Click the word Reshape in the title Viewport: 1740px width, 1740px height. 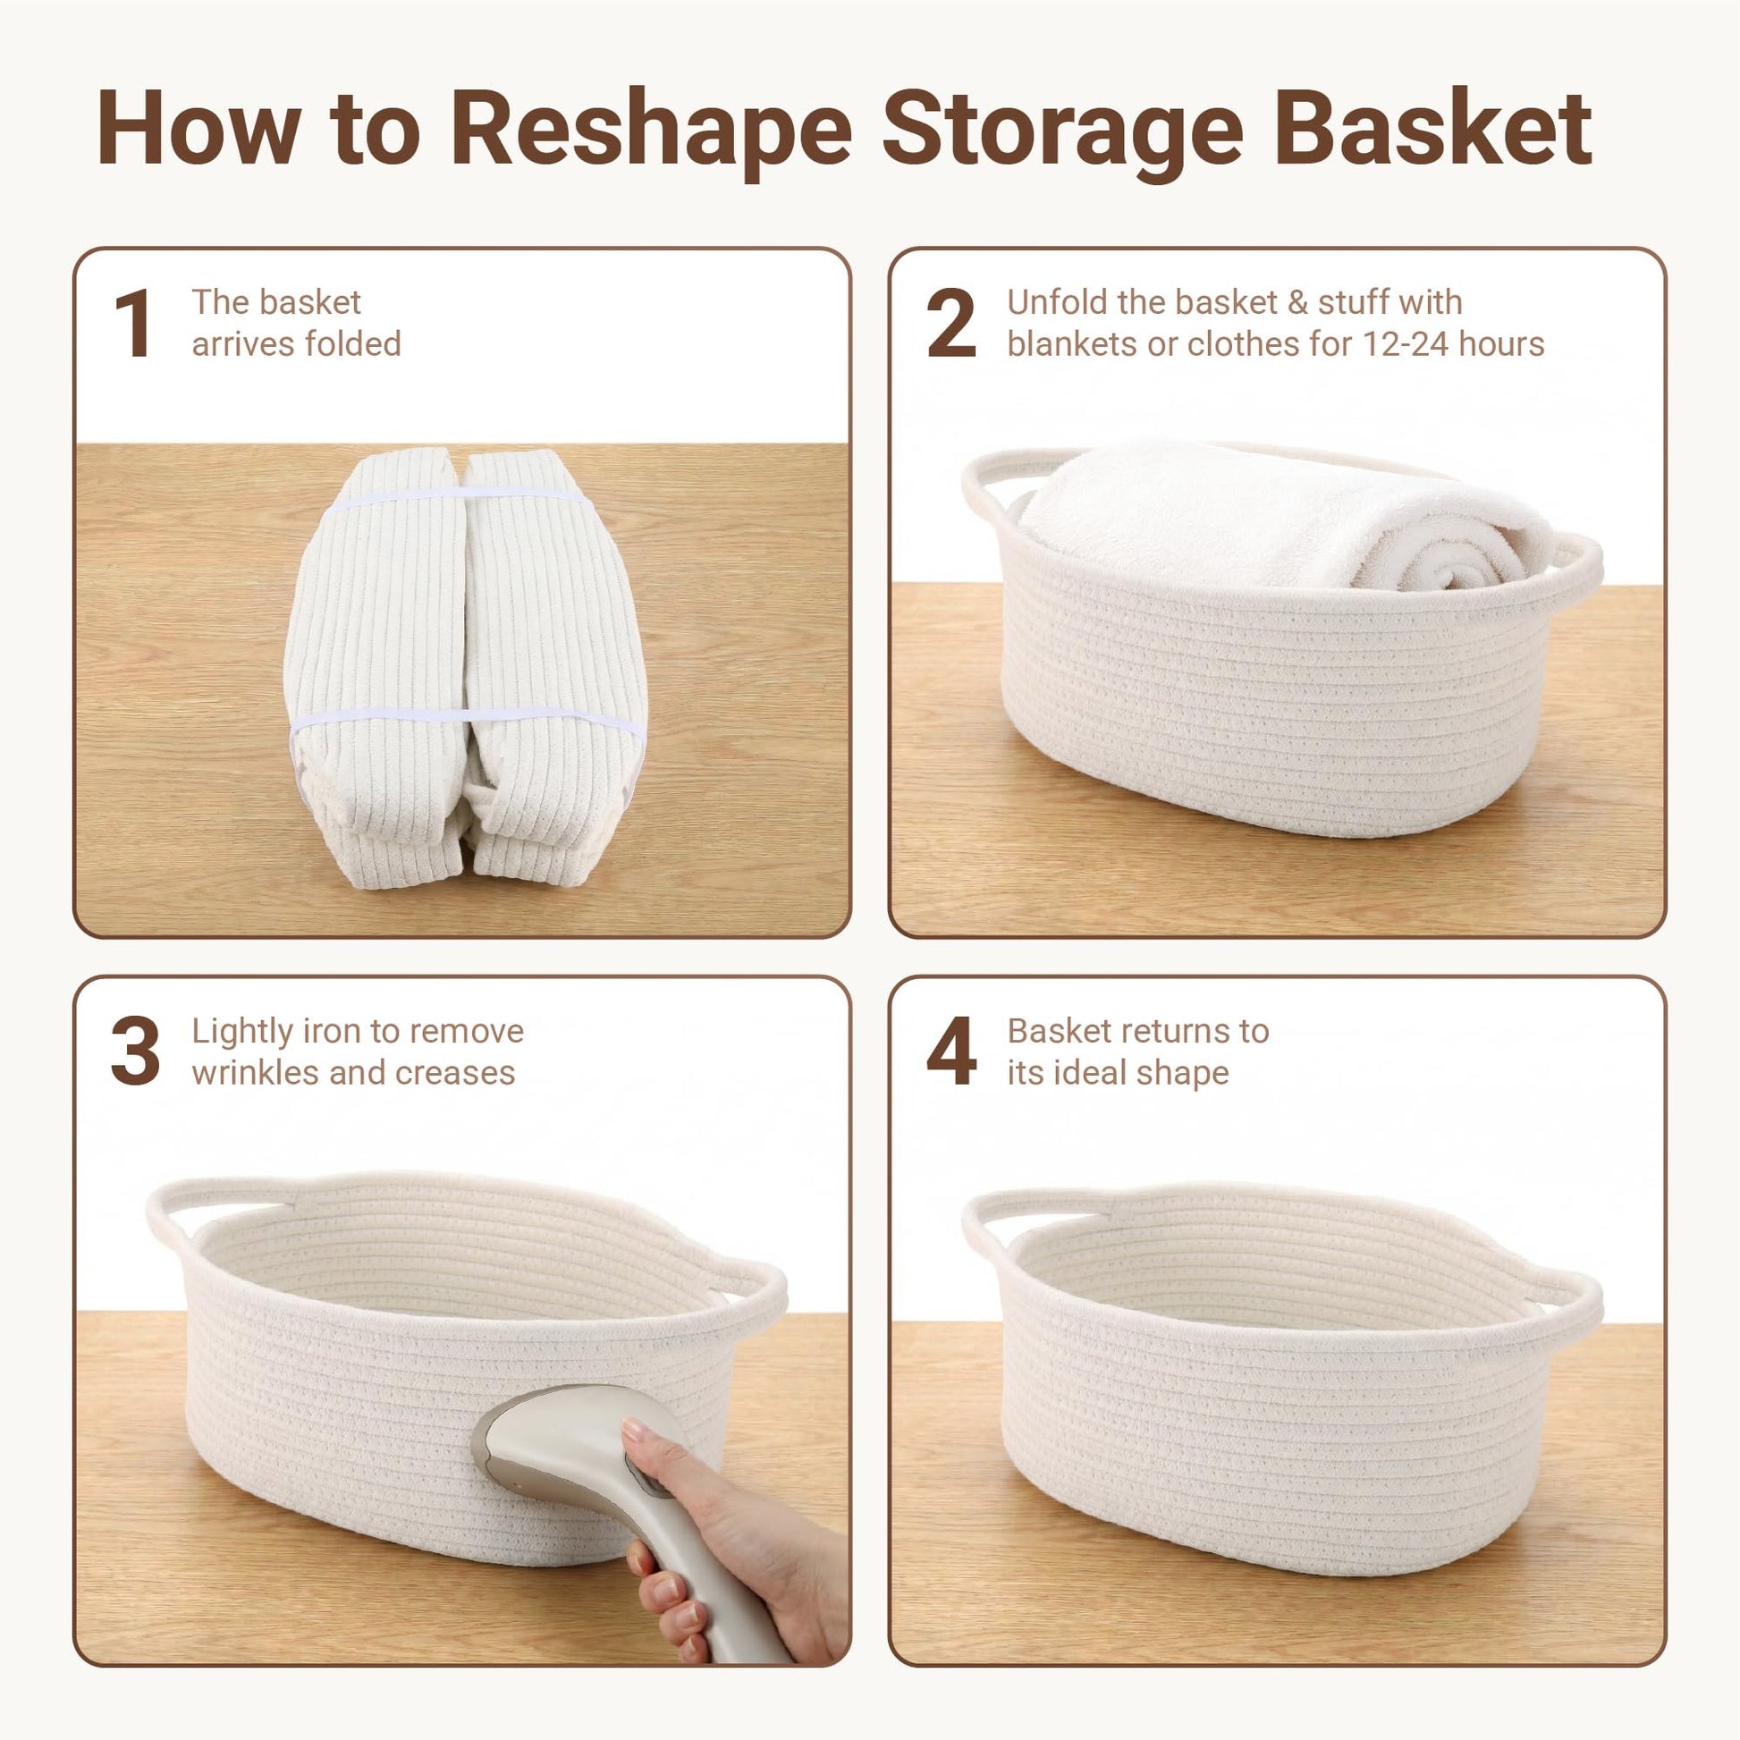coord(650,131)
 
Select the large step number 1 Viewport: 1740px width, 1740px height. coord(133,325)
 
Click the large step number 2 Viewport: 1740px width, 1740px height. coord(951,325)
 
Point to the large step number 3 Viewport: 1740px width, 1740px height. coord(135,1052)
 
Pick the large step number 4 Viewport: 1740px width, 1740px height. coord(951,1052)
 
